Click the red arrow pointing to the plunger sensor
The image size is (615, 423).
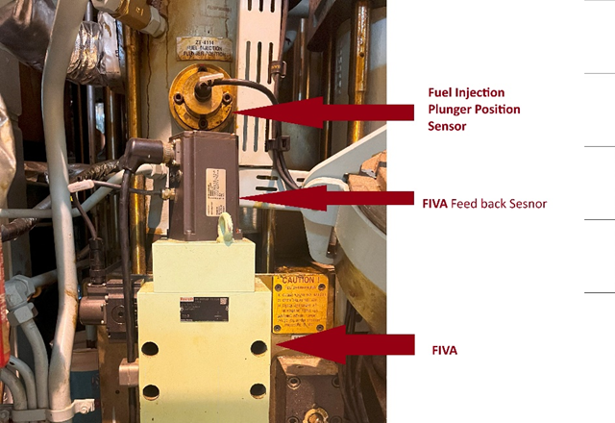coord(317,112)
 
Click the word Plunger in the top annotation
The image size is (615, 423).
coord(452,109)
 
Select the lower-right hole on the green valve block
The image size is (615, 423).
coord(258,390)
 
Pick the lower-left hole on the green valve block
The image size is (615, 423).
coord(150,391)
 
